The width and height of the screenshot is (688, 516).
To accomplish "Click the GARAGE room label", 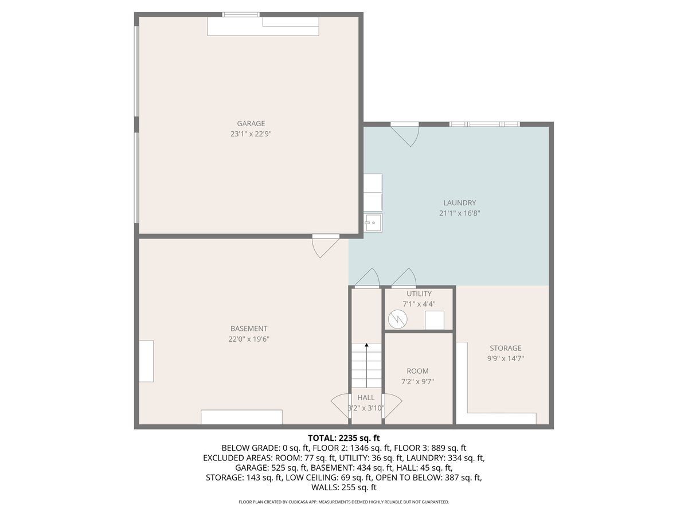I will [251, 123].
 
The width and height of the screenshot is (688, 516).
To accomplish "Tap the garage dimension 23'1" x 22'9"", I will [251, 134].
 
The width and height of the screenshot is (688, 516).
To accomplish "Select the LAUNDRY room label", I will [459, 202].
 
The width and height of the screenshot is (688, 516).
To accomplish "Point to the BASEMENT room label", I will [249, 329].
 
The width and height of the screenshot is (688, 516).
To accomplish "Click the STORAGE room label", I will [505, 348].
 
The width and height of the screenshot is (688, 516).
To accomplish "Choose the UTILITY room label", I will [419, 294].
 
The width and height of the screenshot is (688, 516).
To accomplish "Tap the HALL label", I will [366, 397].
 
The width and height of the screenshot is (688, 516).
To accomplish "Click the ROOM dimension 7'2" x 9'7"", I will [417, 381].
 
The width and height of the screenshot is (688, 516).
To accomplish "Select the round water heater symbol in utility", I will [397, 318].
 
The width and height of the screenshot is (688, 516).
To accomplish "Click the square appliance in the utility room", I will [434, 320].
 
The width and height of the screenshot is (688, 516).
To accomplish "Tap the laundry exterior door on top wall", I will [406, 134].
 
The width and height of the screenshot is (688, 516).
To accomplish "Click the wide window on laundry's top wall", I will [484, 124].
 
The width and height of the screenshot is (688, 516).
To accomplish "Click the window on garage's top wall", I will [241, 14].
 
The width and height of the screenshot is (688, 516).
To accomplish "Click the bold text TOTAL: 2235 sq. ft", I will [344, 437].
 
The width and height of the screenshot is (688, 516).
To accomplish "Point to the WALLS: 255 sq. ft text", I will [344, 488].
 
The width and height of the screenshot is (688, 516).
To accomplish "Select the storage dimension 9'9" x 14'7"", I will [505, 359].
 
